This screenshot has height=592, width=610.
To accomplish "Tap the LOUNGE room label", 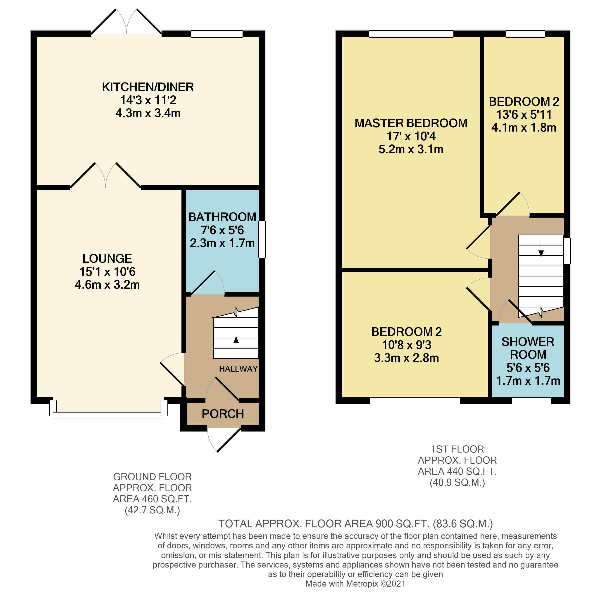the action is tap(107, 259).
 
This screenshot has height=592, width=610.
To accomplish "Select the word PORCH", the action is tap(223, 414).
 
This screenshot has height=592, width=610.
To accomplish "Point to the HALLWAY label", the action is tap(238, 369).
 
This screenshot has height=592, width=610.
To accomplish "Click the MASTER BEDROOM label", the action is tap(411, 123).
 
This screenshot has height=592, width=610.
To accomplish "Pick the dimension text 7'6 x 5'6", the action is tap(222, 230).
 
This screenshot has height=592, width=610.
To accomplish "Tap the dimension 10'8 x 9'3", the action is tap(407, 345).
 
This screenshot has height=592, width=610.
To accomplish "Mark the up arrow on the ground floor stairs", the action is tap(236, 345).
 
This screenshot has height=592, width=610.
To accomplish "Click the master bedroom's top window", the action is tap(411, 34).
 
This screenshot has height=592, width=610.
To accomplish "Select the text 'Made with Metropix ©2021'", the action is tap(355, 584).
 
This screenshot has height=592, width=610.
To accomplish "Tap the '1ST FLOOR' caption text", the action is tap(457, 449).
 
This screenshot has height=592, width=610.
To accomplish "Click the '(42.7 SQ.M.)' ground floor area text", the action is tap(152, 510).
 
